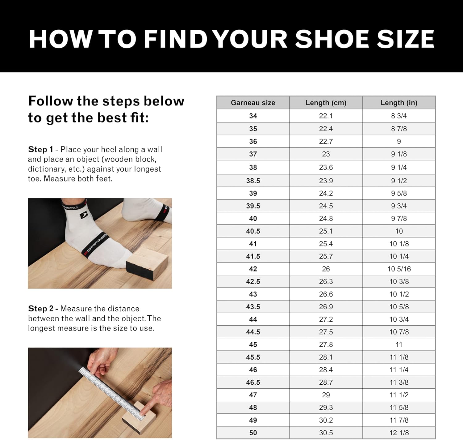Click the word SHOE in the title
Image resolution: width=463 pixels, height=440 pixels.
(x=332, y=39)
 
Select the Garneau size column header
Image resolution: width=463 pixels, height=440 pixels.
(x=253, y=103)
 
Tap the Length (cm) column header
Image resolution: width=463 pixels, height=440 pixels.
(x=326, y=103)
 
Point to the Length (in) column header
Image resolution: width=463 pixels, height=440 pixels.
(x=399, y=103)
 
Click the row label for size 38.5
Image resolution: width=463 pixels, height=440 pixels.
(x=253, y=181)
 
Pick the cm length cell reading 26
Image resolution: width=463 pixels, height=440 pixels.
(x=326, y=269)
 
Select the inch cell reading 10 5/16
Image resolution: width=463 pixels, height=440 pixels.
(x=399, y=269)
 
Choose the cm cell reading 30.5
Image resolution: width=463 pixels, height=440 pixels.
(x=326, y=433)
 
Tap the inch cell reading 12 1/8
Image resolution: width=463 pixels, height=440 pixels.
(x=399, y=433)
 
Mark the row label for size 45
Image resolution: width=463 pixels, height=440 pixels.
(x=253, y=344)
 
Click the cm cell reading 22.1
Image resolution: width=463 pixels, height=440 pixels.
(x=326, y=116)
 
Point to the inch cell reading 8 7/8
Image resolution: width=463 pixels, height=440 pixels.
(x=399, y=129)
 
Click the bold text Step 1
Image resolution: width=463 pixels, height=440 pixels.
(x=40, y=149)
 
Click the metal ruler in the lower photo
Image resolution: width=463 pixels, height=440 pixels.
(x=111, y=393)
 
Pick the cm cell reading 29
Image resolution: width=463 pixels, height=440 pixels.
(x=326, y=395)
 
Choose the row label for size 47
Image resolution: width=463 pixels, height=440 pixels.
(x=253, y=395)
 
